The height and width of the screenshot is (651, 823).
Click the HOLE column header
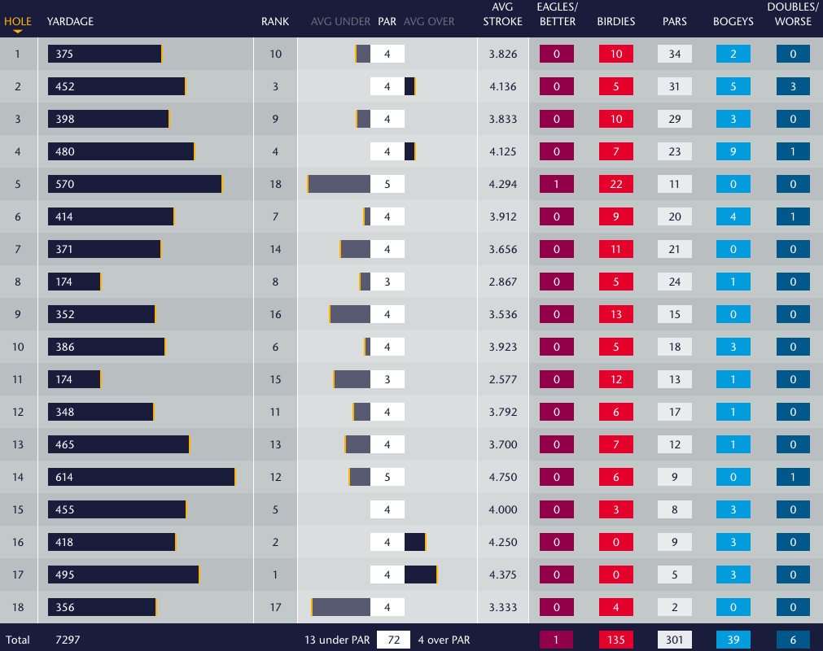click(18, 21)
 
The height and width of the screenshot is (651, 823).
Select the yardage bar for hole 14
click(141, 477)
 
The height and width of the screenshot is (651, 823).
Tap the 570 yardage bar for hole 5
click(134, 184)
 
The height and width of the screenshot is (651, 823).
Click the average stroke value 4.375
click(502, 575)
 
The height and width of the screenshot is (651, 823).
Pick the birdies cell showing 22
click(616, 184)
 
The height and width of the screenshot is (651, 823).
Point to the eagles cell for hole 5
click(557, 184)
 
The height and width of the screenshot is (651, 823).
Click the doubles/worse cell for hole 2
click(793, 86)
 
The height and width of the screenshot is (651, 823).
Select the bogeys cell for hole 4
click(733, 151)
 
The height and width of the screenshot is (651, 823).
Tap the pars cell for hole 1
click(675, 54)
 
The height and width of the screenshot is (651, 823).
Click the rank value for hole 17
click(275, 575)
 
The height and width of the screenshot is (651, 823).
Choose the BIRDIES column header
click(616, 21)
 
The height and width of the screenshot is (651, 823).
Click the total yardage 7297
click(68, 640)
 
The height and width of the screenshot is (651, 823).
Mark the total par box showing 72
click(393, 640)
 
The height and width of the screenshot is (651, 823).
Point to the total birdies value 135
click(616, 640)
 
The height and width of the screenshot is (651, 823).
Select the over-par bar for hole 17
click(421, 575)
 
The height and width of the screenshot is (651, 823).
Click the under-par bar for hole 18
click(341, 607)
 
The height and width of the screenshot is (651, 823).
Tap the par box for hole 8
click(387, 282)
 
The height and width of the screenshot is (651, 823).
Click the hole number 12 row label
click(18, 412)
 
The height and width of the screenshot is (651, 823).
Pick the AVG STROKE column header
click(502, 15)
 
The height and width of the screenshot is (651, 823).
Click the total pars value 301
click(675, 640)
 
